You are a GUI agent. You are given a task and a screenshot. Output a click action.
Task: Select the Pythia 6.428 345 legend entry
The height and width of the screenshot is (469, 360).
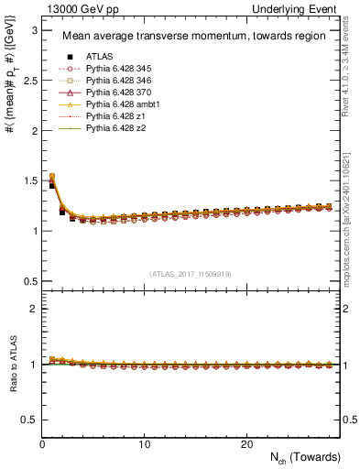pos(116,69)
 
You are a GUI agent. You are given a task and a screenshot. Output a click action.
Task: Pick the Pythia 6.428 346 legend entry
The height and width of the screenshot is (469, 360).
pos(116,81)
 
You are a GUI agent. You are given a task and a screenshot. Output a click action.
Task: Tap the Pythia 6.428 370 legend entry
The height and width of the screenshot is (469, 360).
pos(116,93)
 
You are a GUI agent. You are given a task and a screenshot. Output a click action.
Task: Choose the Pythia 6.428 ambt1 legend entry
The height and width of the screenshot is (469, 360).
pos(119,104)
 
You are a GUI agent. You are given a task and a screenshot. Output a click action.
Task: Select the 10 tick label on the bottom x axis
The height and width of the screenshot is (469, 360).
pos(145,444)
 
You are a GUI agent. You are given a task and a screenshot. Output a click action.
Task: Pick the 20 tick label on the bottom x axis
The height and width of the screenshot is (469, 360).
pos(246,444)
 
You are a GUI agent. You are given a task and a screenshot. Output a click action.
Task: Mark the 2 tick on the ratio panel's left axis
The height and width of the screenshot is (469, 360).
pos(35,309)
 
